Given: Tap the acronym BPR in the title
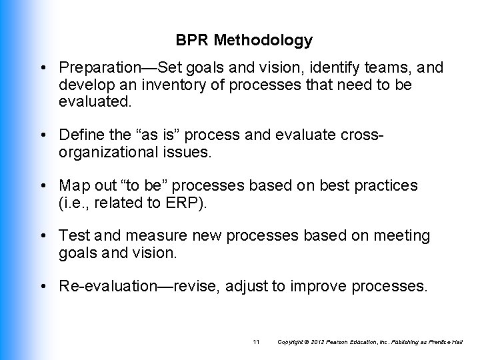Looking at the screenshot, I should point(193,41).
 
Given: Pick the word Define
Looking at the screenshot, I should point(79,136).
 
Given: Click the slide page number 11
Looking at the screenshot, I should point(257,342).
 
